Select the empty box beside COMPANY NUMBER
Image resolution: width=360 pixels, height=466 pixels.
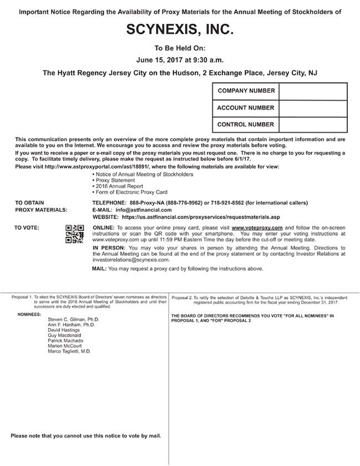coord(313,91)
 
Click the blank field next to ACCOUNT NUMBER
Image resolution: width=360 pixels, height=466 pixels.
coord(313,108)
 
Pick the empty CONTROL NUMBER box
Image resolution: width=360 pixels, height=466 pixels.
coord(313,125)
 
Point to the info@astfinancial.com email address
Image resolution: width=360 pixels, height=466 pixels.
coord(144,210)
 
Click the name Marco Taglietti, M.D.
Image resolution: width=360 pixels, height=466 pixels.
coord(69,351)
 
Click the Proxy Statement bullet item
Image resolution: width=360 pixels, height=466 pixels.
coord(115,180)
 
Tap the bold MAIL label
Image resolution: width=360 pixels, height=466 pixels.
coord(99,269)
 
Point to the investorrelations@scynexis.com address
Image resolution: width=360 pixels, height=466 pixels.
coord(131,260)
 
